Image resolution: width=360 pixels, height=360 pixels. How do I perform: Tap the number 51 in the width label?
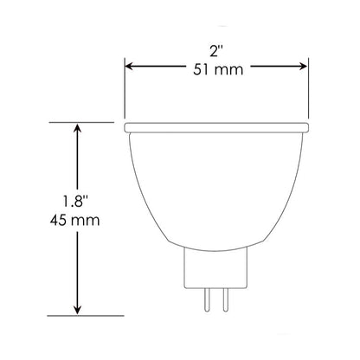(x=199, y=72)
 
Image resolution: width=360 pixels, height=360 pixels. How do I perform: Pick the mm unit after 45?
(x=87, y=221)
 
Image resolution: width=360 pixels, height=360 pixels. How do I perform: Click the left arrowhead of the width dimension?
(x=132, y=64)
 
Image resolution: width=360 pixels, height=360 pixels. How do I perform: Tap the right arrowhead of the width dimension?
(x=303, y=64)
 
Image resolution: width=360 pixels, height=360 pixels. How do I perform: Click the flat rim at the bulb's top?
(x=216, y=127)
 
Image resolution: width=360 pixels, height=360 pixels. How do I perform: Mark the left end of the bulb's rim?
(x=127, y=127)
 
